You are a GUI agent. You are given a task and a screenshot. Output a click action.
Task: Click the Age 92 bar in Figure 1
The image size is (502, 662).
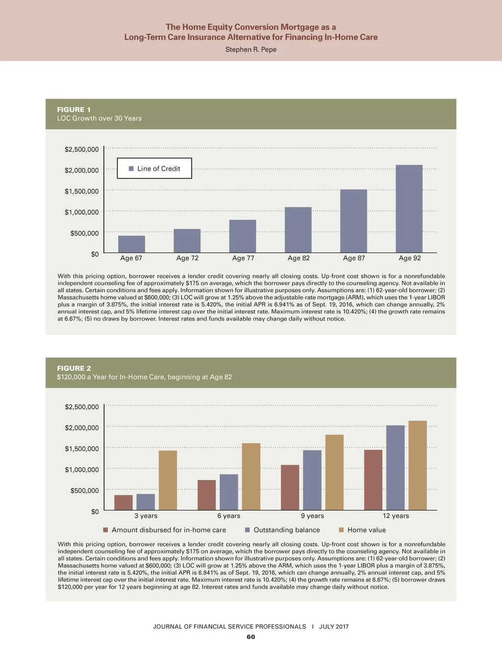[x=409, y=209]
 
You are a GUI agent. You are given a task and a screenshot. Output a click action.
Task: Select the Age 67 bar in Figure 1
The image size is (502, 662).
[x=131, y=244]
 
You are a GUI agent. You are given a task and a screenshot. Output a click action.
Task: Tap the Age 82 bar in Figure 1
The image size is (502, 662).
[x=298, y=230]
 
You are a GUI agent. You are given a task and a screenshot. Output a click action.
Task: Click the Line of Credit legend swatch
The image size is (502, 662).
[x=131, y=169]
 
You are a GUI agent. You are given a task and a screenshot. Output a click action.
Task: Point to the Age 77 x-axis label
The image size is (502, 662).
[x=243, y=258]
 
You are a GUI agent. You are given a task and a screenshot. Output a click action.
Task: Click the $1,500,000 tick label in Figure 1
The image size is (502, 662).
[x=81, y=191]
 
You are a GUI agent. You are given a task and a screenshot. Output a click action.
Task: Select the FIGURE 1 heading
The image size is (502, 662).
[x=74, y=110]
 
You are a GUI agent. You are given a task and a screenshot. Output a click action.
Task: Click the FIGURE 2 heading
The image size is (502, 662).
[x=74, y=368]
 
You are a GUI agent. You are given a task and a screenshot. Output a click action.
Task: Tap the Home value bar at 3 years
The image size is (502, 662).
[x=168, y=481]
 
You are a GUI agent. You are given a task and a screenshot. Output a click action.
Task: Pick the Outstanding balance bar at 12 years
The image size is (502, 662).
[x=395, y=468]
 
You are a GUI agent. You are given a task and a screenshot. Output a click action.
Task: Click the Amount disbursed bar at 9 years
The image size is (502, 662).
[x=290, y=487]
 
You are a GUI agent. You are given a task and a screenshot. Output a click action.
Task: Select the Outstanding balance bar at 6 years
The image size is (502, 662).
[x=228, y=492]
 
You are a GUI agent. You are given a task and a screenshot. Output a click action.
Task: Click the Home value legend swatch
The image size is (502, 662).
[x=341, y=530]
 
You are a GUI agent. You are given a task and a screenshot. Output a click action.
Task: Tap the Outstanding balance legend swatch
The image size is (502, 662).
[x=248, y=530]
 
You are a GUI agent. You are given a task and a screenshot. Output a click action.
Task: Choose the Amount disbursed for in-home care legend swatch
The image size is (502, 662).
[x=105, y=530]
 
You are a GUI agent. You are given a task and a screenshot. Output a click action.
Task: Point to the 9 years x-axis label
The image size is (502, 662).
[x=312, y=516]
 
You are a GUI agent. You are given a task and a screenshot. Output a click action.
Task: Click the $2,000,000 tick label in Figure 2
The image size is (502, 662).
[x=82, y=428]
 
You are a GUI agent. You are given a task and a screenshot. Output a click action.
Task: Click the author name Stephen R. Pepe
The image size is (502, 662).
[x=251, y=50]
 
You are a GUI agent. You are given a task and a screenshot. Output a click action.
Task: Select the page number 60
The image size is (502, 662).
[x=251, y=637]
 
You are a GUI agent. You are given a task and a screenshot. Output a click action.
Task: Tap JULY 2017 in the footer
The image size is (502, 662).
[x=334, y=627]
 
